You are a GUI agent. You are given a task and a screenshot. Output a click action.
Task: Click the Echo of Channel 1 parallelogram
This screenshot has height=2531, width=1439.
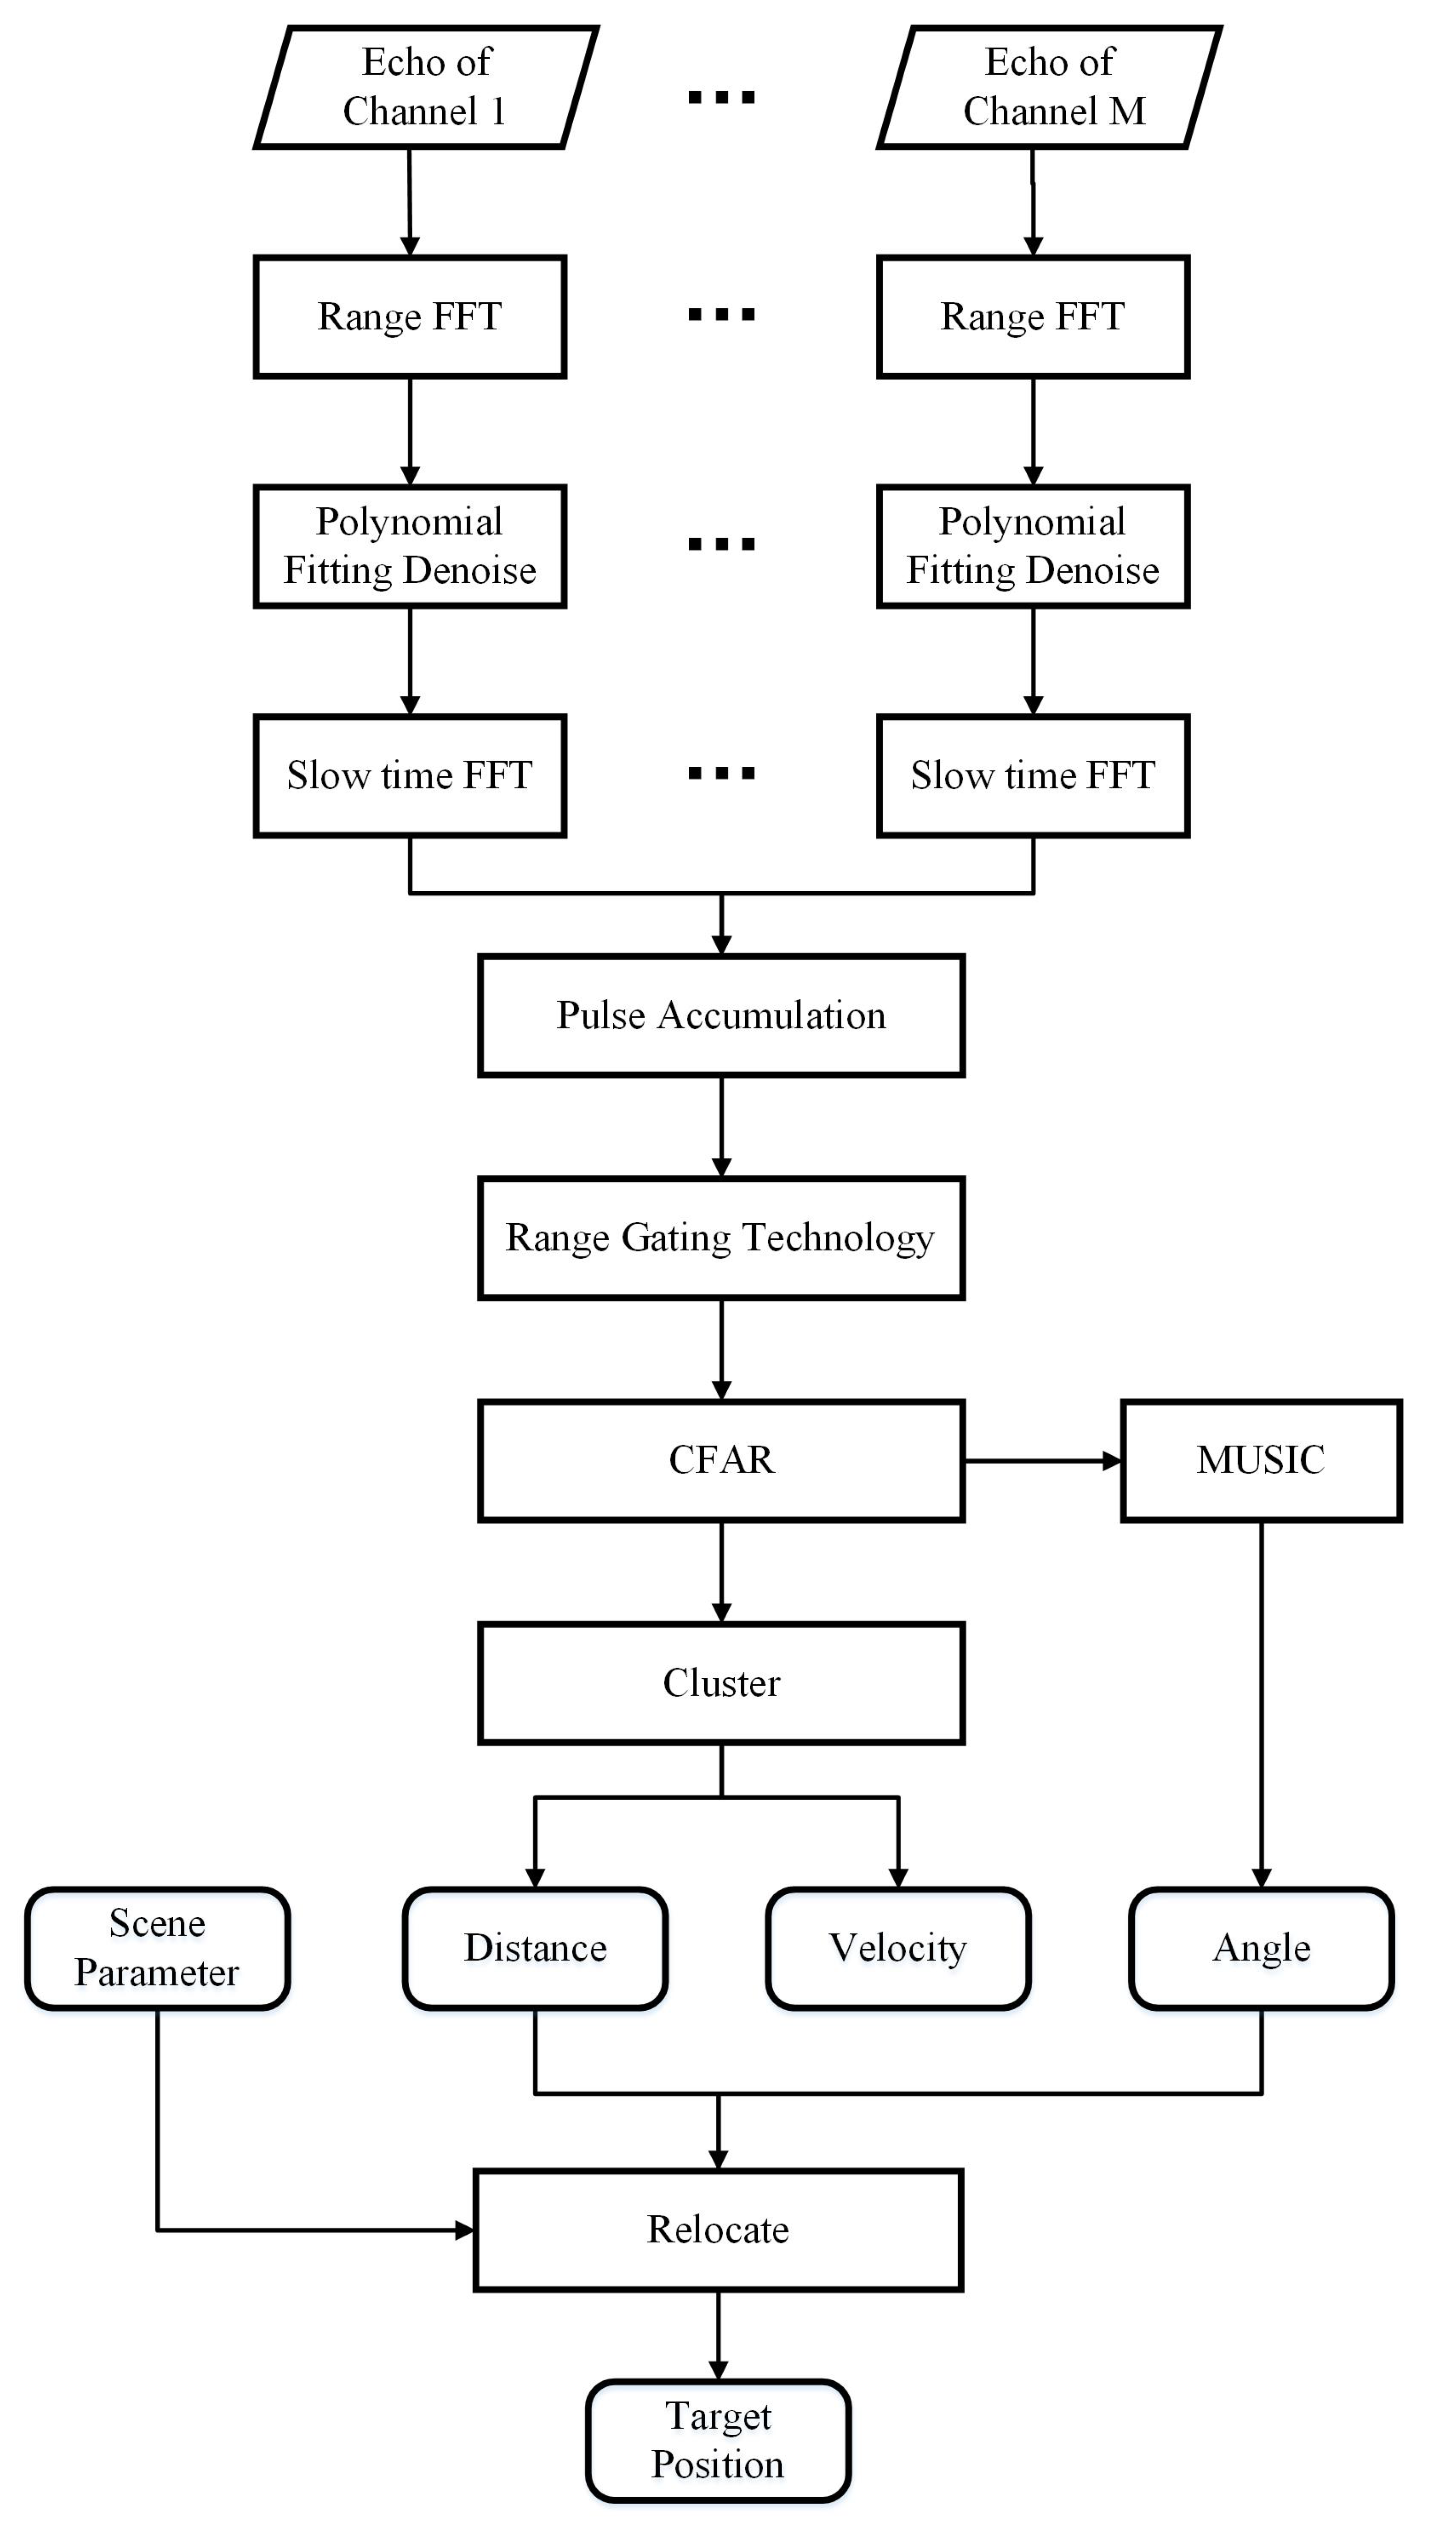426,87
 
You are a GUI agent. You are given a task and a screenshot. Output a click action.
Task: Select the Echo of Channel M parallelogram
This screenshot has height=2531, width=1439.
1050,87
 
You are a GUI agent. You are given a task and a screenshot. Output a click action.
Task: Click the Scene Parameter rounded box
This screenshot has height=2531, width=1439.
157,1948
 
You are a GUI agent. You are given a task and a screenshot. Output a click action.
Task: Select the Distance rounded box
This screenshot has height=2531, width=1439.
535,1948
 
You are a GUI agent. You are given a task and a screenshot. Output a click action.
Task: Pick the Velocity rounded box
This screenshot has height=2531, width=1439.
897,1948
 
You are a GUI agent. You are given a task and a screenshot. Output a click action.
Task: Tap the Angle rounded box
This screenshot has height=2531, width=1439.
1261,1948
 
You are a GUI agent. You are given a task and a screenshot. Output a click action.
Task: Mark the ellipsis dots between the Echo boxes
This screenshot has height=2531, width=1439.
722,97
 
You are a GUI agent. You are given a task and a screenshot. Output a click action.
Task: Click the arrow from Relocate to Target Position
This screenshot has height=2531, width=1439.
718,2334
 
